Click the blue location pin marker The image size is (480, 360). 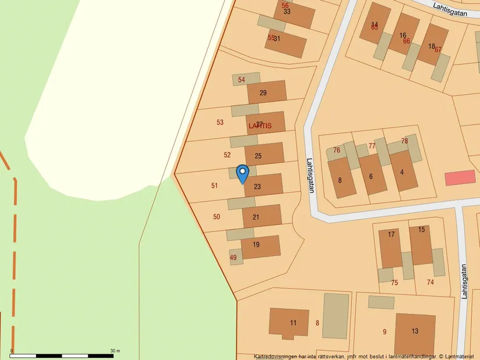click(243, 173)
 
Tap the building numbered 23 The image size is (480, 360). click(263, 186)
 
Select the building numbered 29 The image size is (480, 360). click(266, 92)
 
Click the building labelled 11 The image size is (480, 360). click(289, 322)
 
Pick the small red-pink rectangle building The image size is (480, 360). click(460, 178)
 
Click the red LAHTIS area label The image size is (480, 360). click(259, 126)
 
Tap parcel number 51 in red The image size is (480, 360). click(215, 186)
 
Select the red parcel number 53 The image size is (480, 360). click(220, 123)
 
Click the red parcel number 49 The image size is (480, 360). click(233, 258)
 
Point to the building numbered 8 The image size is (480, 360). click(340, 179)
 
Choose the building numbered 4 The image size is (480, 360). click(402, 172)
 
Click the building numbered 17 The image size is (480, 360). click(391, 247)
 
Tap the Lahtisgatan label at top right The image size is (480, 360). click(454, 9)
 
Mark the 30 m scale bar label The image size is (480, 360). click(115, 350)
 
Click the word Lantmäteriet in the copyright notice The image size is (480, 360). click(460, 357)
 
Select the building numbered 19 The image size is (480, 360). click(259, 247)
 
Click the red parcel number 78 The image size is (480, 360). click(404, 141)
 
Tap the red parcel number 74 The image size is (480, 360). click(431, 282)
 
